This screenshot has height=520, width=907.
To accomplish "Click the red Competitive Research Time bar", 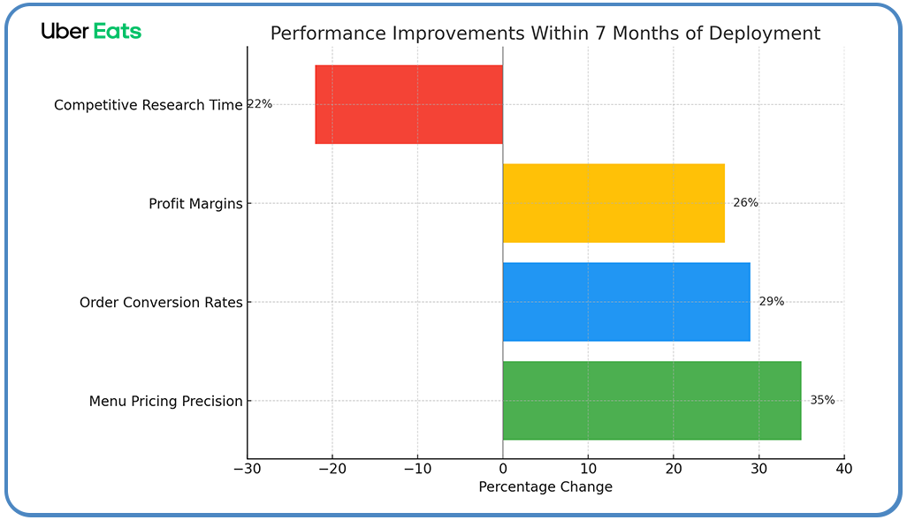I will tap(408, 104).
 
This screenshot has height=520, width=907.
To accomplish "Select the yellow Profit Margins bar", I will tap(613, 203).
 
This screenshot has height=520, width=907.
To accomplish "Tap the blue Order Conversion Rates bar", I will tap(626, 302).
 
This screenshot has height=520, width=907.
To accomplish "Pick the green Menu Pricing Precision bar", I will tap(652, 401).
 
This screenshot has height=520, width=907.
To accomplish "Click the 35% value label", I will tap(822, 400).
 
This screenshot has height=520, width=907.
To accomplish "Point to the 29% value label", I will tap(771, 301).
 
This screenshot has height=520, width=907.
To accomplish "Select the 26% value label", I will tap(745, 202).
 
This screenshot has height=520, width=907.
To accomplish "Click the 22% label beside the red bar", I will tap(259, 104).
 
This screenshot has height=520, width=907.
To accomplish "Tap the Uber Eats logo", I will tap(91, 31).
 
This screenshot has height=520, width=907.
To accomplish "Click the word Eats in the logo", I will tap(117, 31).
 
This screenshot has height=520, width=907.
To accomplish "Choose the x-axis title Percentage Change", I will tap(545, 487).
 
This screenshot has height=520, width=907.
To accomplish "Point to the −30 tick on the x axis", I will tap(247, 468).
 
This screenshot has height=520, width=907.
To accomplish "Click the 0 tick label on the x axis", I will tap(502, 468).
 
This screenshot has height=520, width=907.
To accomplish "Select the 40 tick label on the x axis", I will tap(843, 468).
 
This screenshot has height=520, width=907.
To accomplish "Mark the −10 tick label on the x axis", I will tap(417, 468).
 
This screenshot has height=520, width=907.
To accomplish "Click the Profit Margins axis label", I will tap(194, 204).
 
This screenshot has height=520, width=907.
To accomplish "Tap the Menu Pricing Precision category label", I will tap(165, 402).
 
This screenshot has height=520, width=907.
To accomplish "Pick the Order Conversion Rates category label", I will tap(160, 303).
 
